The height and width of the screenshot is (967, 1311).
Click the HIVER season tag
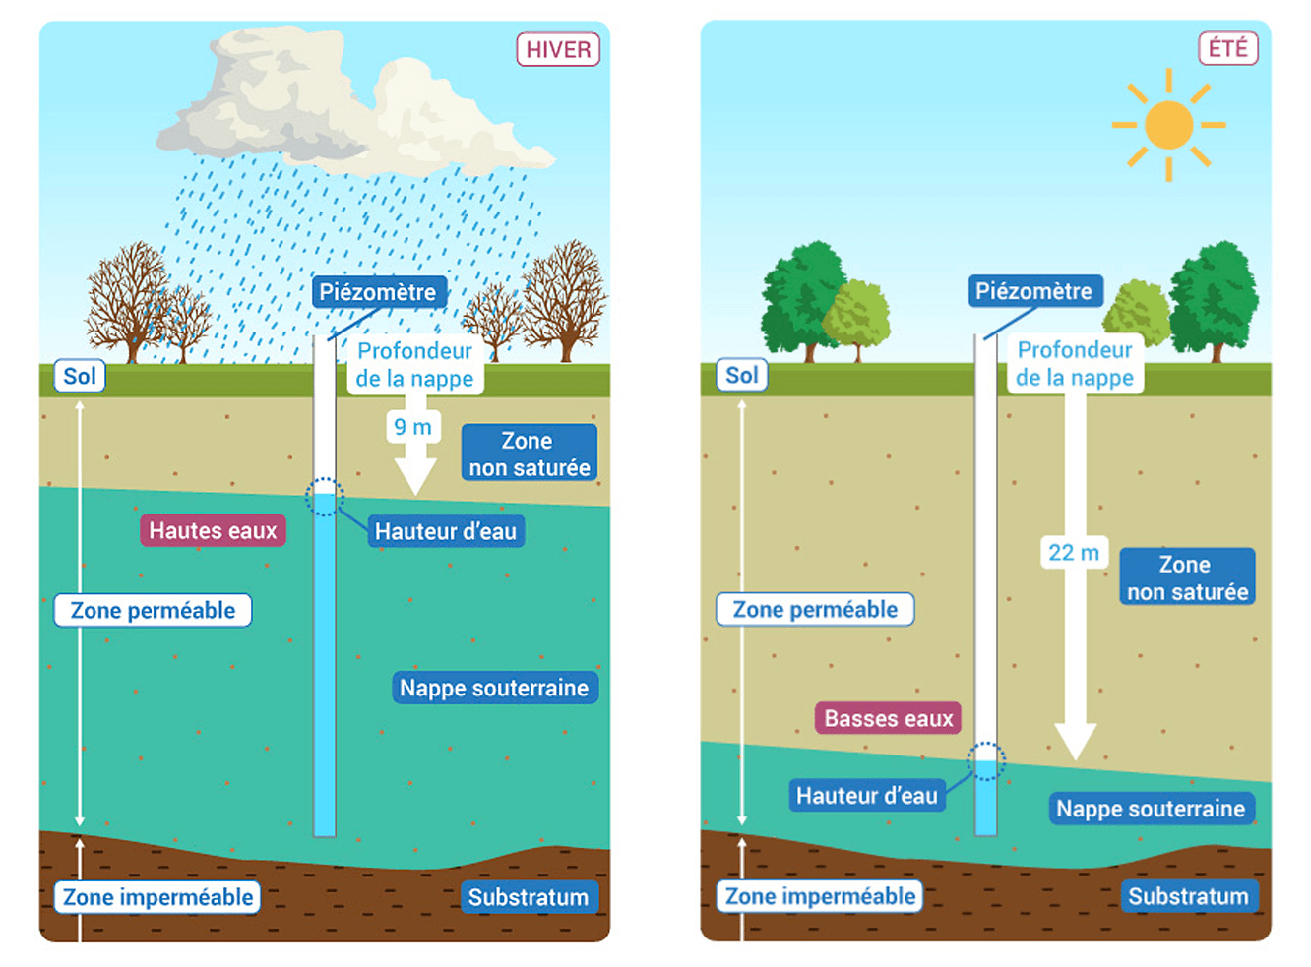(558, 49)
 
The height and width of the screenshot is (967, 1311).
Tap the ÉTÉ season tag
(1227, 48)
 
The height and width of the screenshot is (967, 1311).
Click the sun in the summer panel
(1168, 125)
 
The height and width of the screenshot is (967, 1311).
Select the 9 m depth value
(412, 427)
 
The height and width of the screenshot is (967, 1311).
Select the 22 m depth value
(1073, 552)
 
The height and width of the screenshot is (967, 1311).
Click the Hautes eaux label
(213, 530)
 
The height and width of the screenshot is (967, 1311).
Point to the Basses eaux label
(888, 718)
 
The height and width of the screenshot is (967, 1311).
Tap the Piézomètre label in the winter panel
(378, 292)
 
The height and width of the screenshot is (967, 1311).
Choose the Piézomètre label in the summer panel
(1033, 291)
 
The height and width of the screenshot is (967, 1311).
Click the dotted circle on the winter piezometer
(324, 497)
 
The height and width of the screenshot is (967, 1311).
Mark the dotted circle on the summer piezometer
(985, 760)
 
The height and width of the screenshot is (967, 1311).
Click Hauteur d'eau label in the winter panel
(445, 531)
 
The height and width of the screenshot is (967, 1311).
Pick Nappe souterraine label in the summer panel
(1151, 809)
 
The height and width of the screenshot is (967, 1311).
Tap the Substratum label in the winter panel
(528, 897)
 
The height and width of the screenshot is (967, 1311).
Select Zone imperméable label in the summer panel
(820, 896)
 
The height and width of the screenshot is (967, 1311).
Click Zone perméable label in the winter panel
(153, 610)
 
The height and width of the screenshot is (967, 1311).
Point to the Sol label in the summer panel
(741, 375)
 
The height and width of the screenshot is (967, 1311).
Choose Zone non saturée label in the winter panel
(529, 453)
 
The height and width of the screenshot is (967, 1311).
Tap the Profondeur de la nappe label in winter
(414, 365)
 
